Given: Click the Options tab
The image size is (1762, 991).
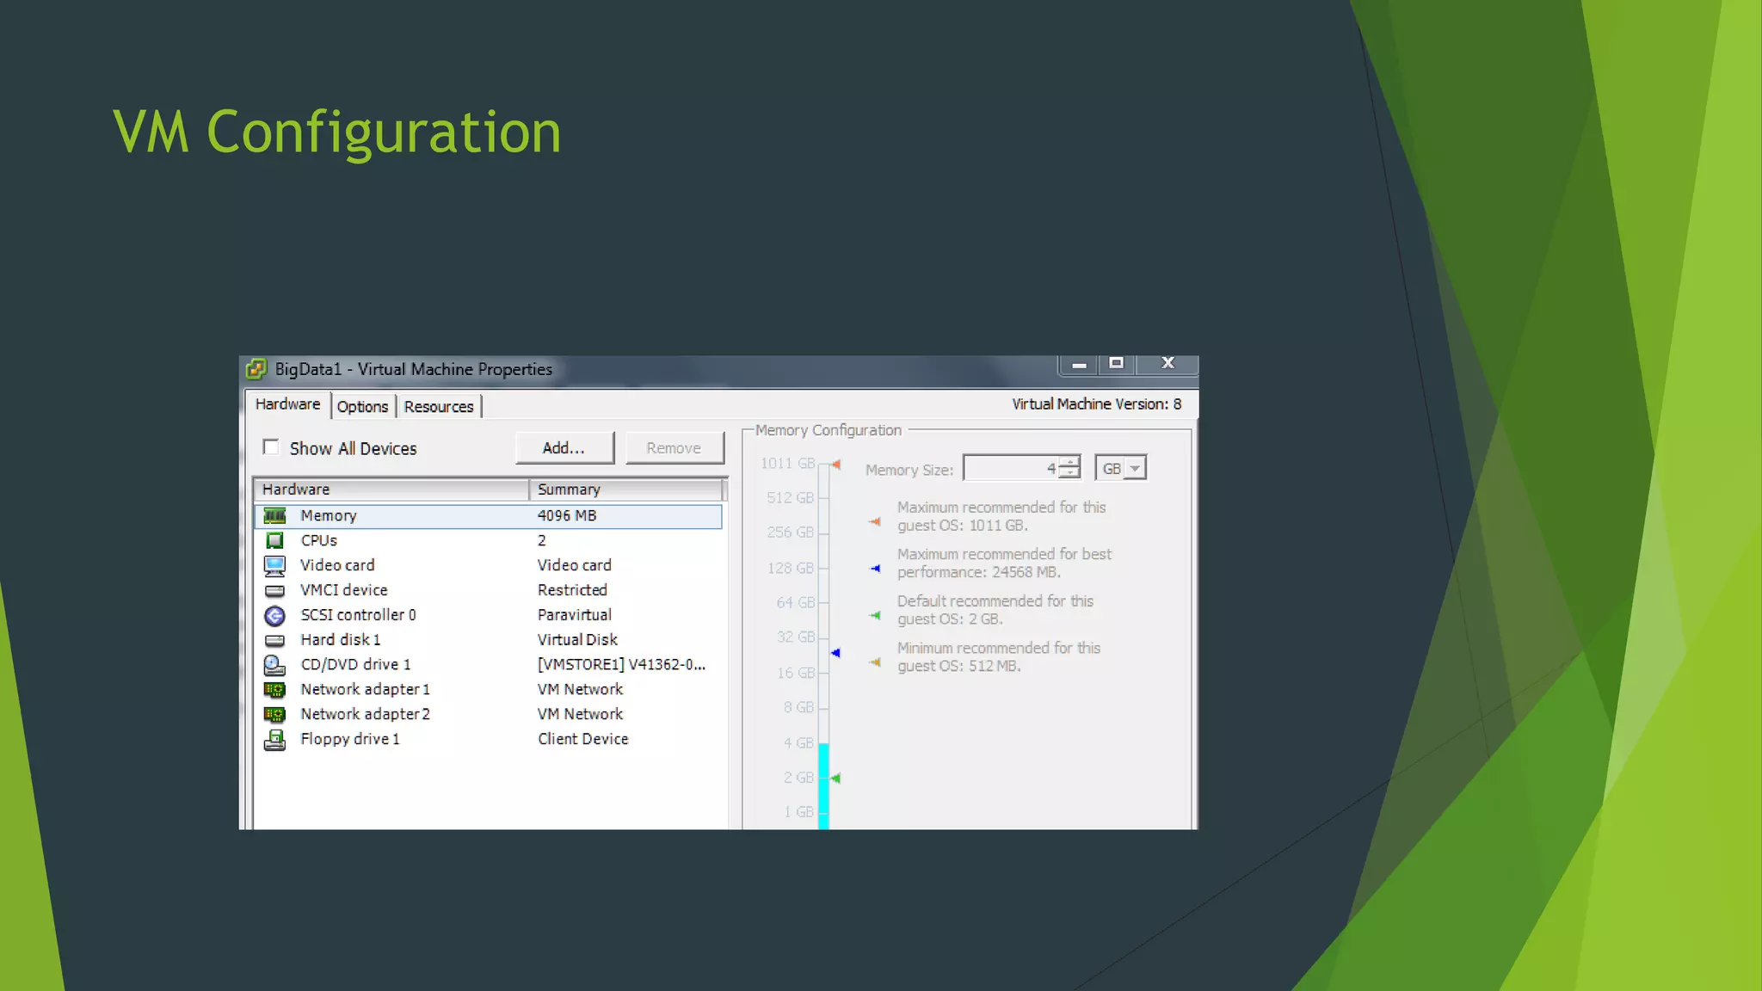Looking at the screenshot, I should point(362,406).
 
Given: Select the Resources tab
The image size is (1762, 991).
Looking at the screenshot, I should point(439,406).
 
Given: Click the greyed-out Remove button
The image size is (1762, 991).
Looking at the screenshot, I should point(674,448).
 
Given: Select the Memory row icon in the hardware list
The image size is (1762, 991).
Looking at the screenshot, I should point(275,516).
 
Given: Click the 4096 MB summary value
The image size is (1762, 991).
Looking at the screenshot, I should point(567,516).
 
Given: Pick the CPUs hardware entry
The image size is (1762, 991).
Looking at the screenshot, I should point(319,540).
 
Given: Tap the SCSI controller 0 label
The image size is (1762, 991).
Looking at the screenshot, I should point(358,615).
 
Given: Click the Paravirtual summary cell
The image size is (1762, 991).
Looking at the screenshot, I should point(575,615).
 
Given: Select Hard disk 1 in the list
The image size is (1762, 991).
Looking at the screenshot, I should point(341,640).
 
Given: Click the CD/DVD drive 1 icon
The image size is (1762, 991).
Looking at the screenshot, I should point(274,665).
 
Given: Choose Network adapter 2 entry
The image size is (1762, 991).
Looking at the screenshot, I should point(365,714).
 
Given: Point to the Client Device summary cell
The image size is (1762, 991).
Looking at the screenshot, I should point(583,739).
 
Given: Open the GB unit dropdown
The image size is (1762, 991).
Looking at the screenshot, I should point(1135,469).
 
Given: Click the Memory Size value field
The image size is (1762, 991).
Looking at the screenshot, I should point(1011,469).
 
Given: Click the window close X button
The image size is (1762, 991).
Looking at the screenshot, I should point(1167,364).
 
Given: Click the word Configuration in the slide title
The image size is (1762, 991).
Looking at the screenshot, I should point(384,132).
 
